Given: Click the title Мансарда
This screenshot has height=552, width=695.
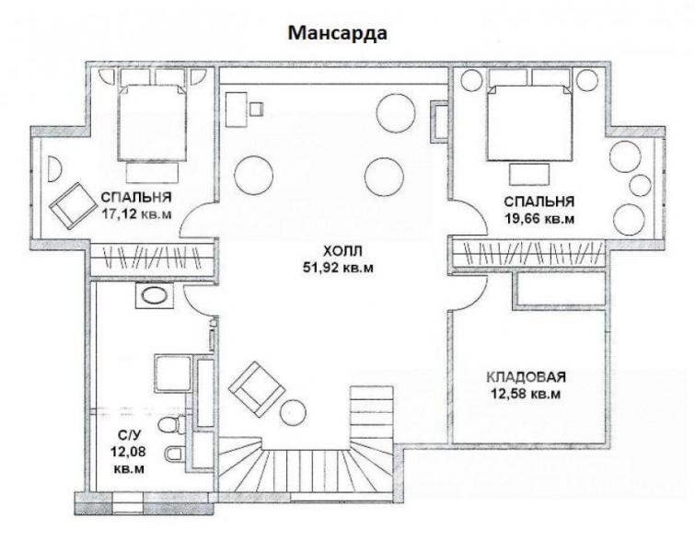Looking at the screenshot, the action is click(x=338, y=33).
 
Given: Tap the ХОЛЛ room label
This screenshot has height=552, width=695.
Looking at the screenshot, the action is click(x=342, y=252).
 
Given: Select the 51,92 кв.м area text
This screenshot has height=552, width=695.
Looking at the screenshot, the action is click(x=338, y=268).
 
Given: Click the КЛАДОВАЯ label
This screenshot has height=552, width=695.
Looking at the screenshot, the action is click(x=527, y=377).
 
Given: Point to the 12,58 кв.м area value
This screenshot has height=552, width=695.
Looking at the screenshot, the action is click(x=526, y=394).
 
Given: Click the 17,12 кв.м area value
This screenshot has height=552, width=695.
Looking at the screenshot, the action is click(x=136, y=214).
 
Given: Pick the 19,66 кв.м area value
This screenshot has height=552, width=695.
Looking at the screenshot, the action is click(x=539, y=218).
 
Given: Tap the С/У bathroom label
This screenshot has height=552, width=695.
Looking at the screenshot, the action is click(x=129, y=435).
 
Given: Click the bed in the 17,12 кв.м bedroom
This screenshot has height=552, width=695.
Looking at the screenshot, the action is click(x=152, y=121).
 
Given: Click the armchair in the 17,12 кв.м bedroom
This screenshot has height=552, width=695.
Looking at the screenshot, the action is click(x=73, y=205).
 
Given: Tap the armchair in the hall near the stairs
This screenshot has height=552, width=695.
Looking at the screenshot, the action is click(x=257, y=388).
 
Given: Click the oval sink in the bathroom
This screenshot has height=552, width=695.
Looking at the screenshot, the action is click(x=154, y=296).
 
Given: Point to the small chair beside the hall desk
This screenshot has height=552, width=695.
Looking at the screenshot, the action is click(x=256, y=109).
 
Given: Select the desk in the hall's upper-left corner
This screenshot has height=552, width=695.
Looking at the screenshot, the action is click(x=237, y=109).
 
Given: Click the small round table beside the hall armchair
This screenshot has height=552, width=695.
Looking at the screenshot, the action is click(x=293, y=412).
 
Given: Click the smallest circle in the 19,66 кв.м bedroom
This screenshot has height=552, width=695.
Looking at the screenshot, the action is click(x=640, y=185).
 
